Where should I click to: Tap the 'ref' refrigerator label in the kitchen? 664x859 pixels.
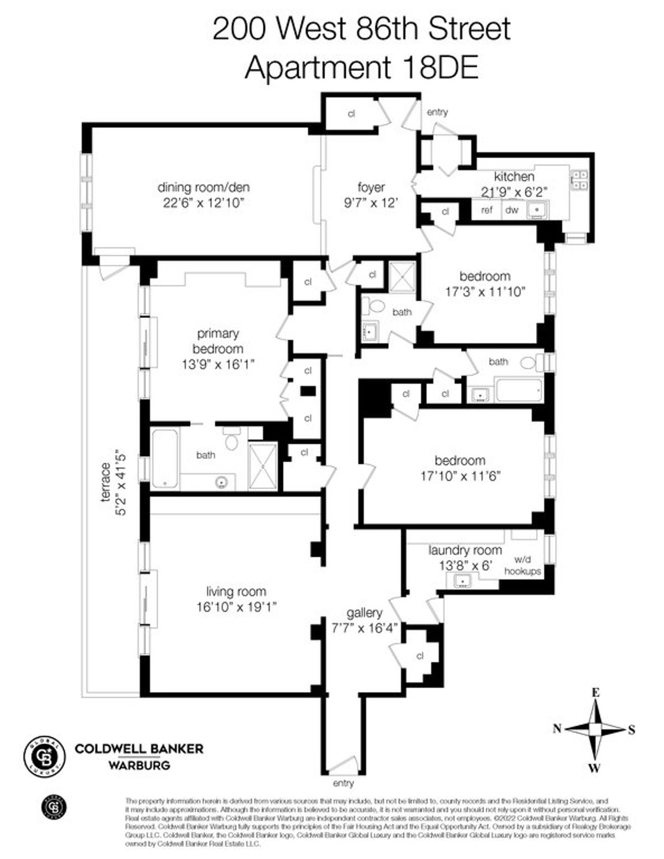(x=486, y=210)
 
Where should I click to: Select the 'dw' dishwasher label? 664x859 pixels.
(x=512, y=210)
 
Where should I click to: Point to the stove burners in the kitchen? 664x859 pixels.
(x=579, y=179)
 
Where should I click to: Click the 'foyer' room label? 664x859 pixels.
(x=371, y=187)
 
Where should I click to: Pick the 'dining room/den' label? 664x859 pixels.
(x=203, y=187)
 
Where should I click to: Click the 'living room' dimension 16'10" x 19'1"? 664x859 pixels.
(x=236, y=606)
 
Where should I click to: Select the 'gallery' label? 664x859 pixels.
(x=364, y=613)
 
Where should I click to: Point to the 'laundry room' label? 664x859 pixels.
(x=465, y=551)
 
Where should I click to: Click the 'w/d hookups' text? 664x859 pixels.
(x=522, y=566)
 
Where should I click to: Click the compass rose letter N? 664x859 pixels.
(x=557, y=729)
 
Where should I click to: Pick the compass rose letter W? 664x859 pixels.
(x=594, y=767)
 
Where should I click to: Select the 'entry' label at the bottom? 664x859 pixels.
(x=343, y=783)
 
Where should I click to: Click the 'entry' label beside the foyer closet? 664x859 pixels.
(x=437, y=112)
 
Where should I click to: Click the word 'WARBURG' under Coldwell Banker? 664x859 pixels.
(x=138, y=766)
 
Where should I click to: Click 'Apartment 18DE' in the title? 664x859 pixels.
(x=361, y=68)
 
